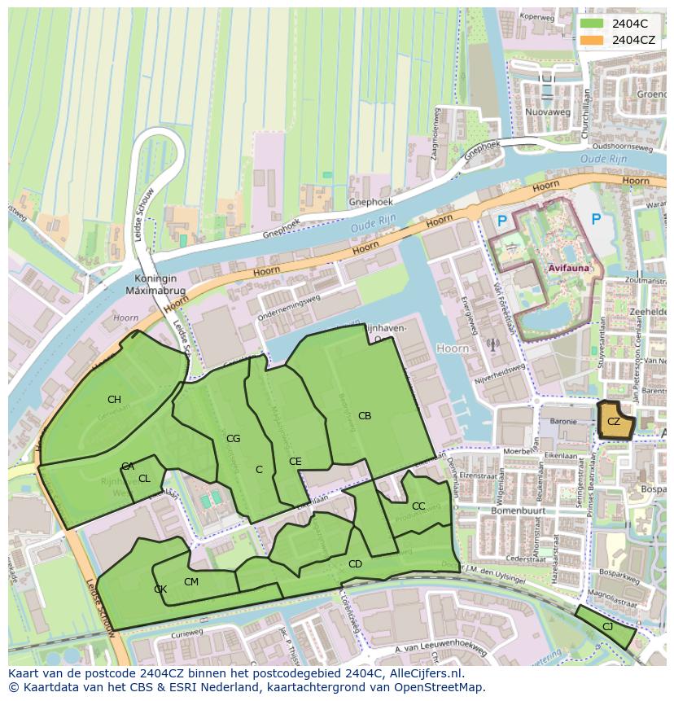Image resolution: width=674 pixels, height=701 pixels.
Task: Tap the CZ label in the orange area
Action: (x=614, y=422)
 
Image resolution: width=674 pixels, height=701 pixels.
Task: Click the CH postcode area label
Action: (x=114, y=400)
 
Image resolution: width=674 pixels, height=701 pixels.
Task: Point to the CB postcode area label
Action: (x=365, y=416)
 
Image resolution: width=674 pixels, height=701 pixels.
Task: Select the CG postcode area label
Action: (x=234, y=439)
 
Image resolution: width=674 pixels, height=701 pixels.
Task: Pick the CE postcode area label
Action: (x=295, y=462)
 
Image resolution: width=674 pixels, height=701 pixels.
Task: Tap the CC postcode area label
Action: (x=418, y=506)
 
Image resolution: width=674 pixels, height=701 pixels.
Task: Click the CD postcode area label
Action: (x=355, y=564)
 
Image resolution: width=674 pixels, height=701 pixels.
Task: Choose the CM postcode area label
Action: (x=191, y=582)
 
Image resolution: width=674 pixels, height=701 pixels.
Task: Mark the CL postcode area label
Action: (x=144, y=479)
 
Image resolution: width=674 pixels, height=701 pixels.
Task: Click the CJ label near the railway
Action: (x=607, y=626)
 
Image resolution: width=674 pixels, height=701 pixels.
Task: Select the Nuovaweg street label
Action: (x=546, y=111)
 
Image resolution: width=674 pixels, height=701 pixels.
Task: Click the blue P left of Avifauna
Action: (x=502, y=220)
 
